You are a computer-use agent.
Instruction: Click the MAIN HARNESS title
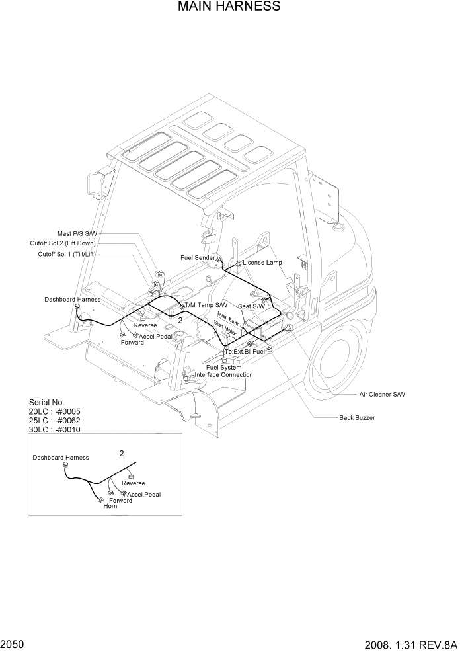click(x=229, y=7)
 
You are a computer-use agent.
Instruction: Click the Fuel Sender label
click(x=198, y=257)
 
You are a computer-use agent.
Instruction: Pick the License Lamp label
click(x=262, y=263)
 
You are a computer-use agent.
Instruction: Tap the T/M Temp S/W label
click(x=206, y=305)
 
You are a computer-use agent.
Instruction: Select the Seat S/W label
click(x=251, y=306)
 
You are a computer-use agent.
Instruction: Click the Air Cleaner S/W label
click(x=382, y=394)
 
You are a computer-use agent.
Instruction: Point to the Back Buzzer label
click(x=357, y=418)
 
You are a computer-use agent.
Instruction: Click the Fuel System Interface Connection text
click(x=223, y=371)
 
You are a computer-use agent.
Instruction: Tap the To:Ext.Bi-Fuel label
click(x=245, y=351)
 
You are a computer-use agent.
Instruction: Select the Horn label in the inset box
click(x=110, y=507)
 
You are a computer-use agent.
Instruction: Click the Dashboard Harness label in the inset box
click(x=61, y=458)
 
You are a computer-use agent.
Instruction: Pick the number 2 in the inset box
click(x=122, y=454)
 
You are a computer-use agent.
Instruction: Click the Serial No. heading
click(x=46, y=402)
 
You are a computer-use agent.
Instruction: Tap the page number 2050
click(x=13, y=643)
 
